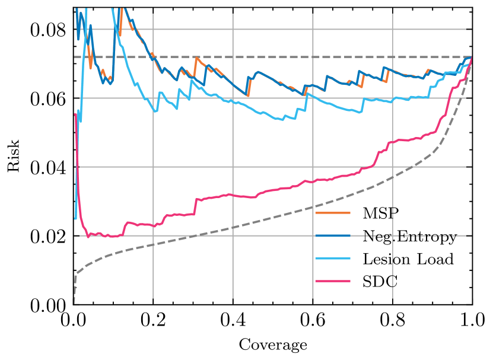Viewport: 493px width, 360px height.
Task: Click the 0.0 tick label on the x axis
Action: click(74, 322)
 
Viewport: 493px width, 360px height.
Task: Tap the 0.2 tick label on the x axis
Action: click(153, 322)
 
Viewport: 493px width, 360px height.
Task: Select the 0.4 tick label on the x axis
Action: click(233, 322)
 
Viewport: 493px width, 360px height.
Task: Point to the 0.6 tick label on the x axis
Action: click(313, 322)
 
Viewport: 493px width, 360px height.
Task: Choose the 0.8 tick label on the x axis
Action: click(392, 322)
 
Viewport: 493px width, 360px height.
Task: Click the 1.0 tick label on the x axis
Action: click(472, 322)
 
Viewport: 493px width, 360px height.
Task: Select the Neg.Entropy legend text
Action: click(409, 236)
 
